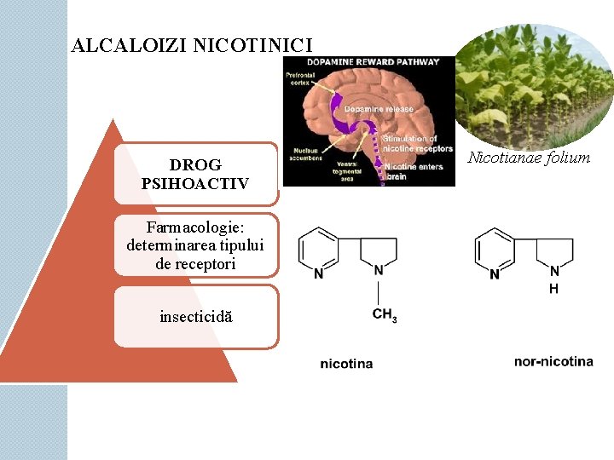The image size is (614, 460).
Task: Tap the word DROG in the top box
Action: point(195,165)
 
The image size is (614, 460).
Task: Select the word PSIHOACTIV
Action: point(195,183)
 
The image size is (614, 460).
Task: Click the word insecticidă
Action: point(195,317)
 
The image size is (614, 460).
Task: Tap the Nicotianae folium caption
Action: point(529,158)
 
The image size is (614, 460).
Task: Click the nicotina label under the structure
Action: point(346,364)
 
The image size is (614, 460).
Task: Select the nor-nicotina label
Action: point(553,361)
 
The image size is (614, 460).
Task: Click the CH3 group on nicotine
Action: point(385,314)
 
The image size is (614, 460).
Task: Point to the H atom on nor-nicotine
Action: point(553,289)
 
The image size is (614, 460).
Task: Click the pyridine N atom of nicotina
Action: point(318,273)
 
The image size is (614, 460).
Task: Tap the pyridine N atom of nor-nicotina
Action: point(495,273)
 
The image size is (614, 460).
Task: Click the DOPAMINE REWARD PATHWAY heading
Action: point(368,62)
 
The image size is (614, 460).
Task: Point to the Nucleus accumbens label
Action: point(304,154)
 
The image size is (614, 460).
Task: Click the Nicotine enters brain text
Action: point(413,171)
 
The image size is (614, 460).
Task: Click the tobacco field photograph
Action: point(535,85)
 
